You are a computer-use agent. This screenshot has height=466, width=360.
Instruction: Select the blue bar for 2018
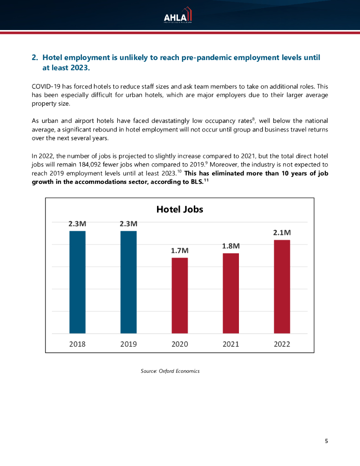77,282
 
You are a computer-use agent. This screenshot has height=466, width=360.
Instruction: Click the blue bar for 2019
128,282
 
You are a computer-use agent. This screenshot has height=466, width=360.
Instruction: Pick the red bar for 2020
179,296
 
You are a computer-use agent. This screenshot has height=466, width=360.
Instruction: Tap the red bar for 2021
231,294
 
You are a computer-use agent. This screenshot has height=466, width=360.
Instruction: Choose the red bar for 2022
282,287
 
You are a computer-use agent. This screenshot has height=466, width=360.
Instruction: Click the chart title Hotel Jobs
179,209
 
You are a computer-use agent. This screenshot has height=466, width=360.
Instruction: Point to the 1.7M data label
179,250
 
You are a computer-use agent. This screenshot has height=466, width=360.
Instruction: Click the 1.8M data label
231,246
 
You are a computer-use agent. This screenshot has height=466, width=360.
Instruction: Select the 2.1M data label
282,233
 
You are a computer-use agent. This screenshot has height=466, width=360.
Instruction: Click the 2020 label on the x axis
179,344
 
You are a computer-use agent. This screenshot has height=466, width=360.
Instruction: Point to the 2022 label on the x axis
282,344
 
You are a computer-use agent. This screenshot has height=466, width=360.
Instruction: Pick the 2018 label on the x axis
77,344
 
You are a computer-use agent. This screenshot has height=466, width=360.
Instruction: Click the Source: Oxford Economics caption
170,371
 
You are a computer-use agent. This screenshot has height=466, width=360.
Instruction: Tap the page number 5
326,441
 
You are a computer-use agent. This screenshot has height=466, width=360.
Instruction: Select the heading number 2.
34,58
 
